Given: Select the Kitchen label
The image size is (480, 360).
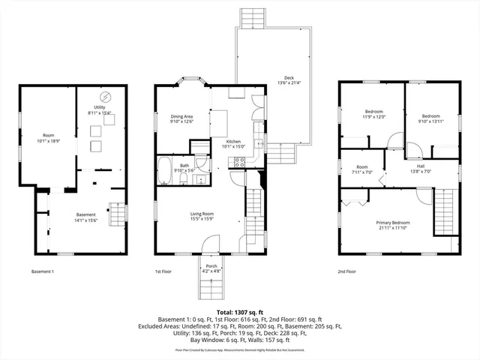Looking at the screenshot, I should [x=234, y=144].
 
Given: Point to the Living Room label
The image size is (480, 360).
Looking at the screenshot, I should [x=202, y=217].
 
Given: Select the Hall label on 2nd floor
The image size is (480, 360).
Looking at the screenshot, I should [x=421, y=169].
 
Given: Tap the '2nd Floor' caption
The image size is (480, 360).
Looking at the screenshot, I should [x=346, y=271].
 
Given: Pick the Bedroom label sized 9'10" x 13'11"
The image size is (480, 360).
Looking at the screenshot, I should [x=430, y=118].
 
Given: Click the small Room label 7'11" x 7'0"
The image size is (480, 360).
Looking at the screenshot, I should [x=362, y=169].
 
